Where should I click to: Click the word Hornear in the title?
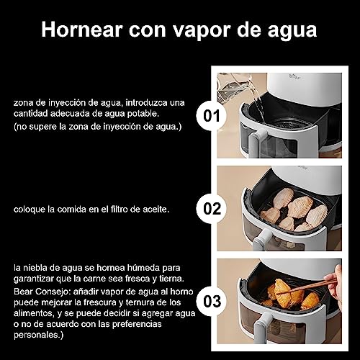point(82,30)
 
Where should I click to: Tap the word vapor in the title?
point(202,31)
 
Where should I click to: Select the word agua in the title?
point(292,31)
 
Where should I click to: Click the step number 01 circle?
point(212,116)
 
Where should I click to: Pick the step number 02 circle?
point(212,208)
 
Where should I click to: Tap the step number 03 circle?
point(212,301)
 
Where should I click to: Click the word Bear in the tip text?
point(23,292)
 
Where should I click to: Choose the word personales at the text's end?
point(37,335)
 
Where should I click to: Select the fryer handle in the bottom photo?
point(262,328)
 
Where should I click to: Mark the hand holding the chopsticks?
point(334,283)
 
